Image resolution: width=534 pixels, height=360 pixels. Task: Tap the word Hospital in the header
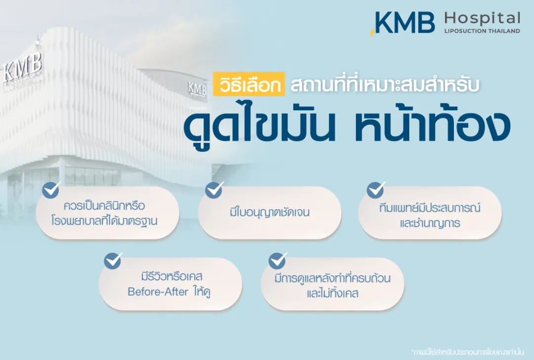pos(482,19)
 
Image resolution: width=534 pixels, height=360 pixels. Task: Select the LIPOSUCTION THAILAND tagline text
pos(482,31)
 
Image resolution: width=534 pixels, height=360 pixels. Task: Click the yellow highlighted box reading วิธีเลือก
pos(250,84)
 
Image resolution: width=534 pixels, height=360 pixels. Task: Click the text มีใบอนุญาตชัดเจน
pos(269,213)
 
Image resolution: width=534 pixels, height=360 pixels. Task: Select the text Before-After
pos(158,292)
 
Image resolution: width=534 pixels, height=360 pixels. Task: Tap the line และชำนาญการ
pos(430,223)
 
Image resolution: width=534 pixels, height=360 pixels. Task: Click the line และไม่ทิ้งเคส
pos(332,293)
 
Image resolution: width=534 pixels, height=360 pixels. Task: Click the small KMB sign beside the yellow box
pos(197,88)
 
